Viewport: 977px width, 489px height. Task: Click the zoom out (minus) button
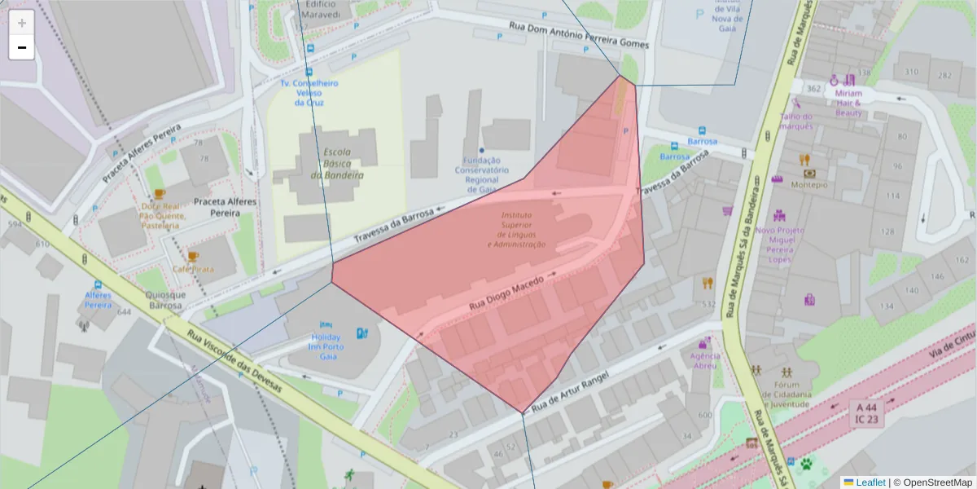tap(22, 47)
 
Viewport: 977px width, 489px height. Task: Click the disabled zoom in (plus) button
tap(22, 23)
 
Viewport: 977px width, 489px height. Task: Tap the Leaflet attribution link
tap(870, 482)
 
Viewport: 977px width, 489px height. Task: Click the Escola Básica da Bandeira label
tap(343, 164)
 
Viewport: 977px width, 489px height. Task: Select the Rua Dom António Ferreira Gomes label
tap(578, 35)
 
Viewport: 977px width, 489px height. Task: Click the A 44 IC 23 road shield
tap(867, 412)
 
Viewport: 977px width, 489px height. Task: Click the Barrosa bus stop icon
tap(702, 131)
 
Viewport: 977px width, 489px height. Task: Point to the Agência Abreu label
tap(705, 361)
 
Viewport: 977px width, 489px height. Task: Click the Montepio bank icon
tap(809, 173)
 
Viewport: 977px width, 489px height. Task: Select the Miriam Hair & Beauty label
tap(848, 103)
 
